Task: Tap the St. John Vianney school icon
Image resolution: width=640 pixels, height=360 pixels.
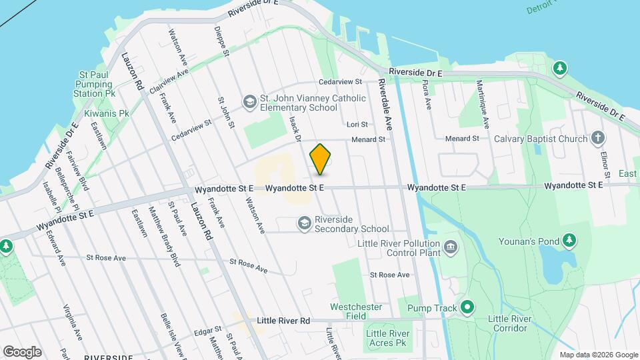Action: coord(249,101)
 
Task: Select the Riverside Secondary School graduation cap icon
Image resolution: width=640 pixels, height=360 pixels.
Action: coord(305,223)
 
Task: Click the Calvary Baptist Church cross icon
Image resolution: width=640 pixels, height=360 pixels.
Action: coord(598,139)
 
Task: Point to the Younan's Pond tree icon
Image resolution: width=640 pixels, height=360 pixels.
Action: coord(569,239)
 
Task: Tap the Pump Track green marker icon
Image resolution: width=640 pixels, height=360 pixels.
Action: coord(468,308)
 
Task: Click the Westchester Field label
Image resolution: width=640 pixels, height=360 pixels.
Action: coord(356,311)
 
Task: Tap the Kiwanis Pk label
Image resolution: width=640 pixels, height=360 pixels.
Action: coord(107,113)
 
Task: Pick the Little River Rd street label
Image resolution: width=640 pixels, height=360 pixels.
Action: coord(284,321)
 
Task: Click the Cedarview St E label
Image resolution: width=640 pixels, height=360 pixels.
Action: coord(340,82)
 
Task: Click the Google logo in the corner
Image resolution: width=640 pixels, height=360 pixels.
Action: coord(22,351)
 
